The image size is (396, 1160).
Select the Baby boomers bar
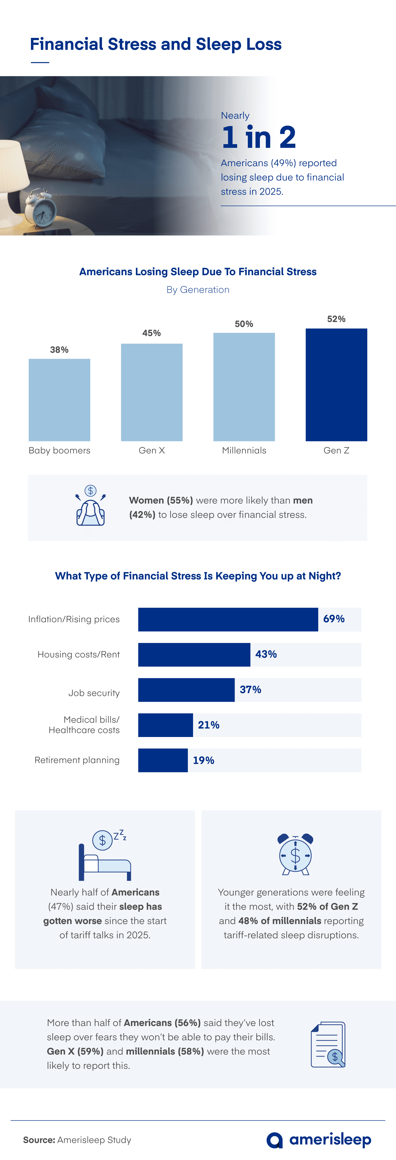pos(59,400)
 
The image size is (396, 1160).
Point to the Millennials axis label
pos(244,450)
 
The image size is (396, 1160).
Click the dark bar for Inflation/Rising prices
pos(228,619)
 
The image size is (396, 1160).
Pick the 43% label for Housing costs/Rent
pos(266,654)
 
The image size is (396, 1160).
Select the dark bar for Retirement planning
pos(162,760)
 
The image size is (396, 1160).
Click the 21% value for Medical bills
pos(209,725)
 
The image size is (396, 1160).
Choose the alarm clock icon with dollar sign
pos(295,854)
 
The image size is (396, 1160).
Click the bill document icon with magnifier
pos(328,1045)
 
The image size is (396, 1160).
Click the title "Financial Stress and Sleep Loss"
pos(156,44)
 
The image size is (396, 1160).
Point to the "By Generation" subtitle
pos(198,290)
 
